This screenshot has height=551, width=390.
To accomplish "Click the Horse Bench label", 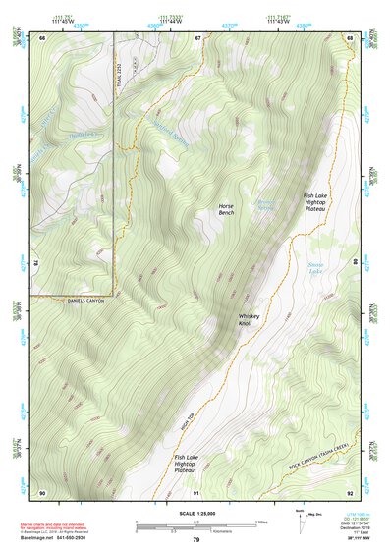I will (x=226, y=209).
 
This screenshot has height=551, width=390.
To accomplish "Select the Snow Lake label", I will (x=315, y=267).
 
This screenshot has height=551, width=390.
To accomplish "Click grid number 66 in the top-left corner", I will (x=43, y=37).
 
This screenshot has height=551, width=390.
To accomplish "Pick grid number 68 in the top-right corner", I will (x=349, y=37).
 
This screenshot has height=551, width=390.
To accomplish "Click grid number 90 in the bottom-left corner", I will (x=42, y=491).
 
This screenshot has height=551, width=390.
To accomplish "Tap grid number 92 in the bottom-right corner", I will (x=349, y=491).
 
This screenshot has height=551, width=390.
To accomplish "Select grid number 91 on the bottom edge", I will (x=196, y=491).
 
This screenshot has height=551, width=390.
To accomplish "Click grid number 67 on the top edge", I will (x=196, y=37).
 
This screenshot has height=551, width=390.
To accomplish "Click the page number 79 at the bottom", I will (x=195, y=539).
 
